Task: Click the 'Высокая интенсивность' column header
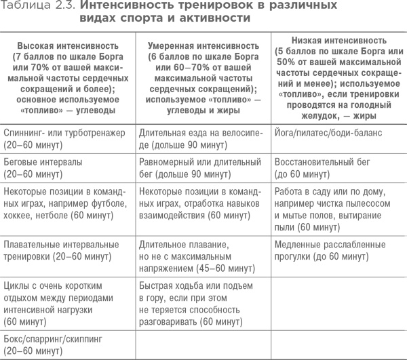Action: point(68,43)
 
